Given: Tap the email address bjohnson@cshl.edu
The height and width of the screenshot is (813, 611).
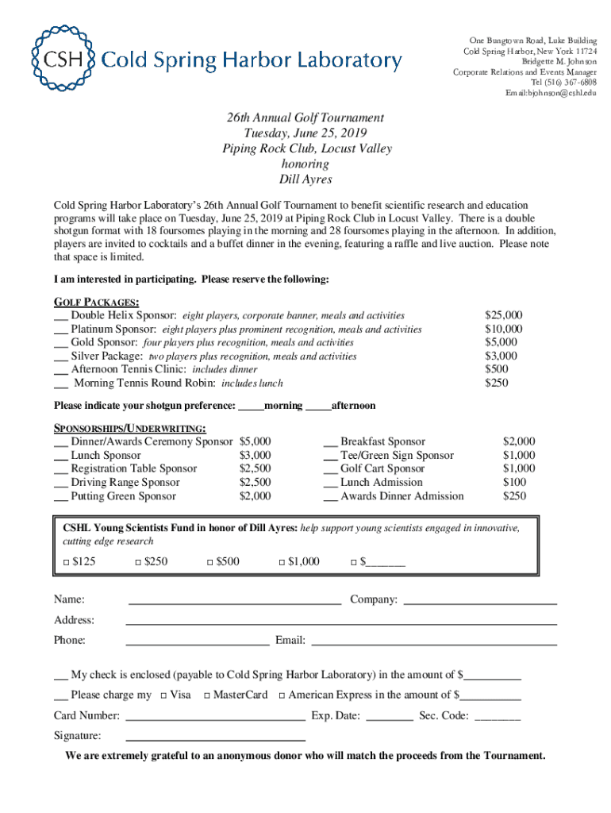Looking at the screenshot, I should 551,94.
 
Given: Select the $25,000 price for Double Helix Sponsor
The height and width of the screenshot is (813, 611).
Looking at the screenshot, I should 503,315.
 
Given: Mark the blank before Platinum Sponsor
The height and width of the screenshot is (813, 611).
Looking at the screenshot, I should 60,330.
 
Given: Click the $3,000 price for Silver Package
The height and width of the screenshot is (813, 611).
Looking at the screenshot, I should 501,356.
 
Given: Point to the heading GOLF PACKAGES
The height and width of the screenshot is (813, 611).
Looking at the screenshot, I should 97,302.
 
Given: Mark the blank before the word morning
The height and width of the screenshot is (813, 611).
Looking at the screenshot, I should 251,406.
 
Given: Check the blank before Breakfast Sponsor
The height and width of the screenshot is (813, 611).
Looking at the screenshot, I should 330,443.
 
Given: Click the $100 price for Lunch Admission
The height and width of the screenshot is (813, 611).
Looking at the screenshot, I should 514,482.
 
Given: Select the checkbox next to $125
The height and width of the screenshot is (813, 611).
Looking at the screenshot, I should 66,563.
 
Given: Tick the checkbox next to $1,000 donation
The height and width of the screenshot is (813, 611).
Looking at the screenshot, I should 282,563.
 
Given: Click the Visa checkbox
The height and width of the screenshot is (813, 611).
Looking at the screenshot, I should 163,695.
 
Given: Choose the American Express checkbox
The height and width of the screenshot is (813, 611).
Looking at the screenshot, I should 281,695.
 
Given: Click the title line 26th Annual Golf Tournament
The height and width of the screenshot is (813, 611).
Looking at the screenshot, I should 305,118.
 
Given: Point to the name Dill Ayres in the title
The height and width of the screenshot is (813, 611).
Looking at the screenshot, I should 305,179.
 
